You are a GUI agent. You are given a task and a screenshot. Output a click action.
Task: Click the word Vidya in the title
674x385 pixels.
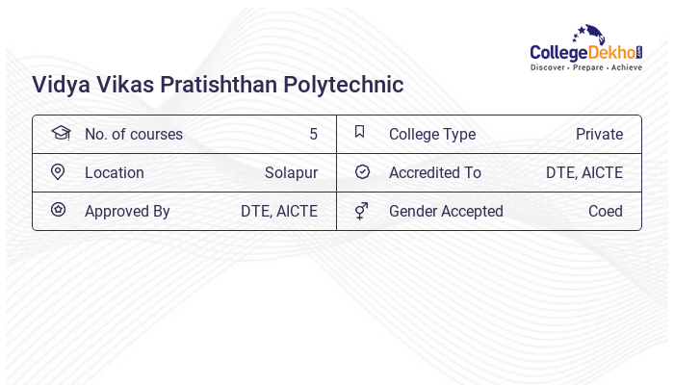(60, 85)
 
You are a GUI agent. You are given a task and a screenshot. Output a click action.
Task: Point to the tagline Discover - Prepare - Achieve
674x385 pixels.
(585, 68)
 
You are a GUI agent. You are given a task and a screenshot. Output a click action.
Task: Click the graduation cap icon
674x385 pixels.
(60, 133)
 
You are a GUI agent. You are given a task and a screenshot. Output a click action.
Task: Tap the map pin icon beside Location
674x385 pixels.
(58, 171)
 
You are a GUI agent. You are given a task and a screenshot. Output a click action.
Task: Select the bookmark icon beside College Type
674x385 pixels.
(360, 133)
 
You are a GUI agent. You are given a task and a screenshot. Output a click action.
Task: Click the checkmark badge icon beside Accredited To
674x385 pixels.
(362, 172)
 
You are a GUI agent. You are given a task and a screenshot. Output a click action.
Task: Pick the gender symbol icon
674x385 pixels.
(361, 211)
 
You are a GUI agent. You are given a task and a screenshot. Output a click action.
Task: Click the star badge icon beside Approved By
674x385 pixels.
(58, 210)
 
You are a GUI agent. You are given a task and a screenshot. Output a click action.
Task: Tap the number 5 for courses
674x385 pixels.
(313, 134)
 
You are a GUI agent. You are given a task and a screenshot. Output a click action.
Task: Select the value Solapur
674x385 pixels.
(291, 173)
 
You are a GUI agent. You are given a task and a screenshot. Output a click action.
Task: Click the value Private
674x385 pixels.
(599, 134)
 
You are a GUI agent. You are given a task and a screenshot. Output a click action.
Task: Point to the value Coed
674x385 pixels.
(606, 211)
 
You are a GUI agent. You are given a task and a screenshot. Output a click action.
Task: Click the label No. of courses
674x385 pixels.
(133, 134)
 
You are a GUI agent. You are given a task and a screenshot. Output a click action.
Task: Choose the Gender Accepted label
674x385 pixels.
(446, 211)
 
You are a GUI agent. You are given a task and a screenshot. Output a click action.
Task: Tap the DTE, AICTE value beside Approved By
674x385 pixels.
(279, 211)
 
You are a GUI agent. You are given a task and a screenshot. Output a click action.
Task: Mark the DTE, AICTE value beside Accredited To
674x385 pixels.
(584, 173)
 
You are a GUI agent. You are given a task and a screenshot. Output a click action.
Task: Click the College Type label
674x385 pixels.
(432, 134)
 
